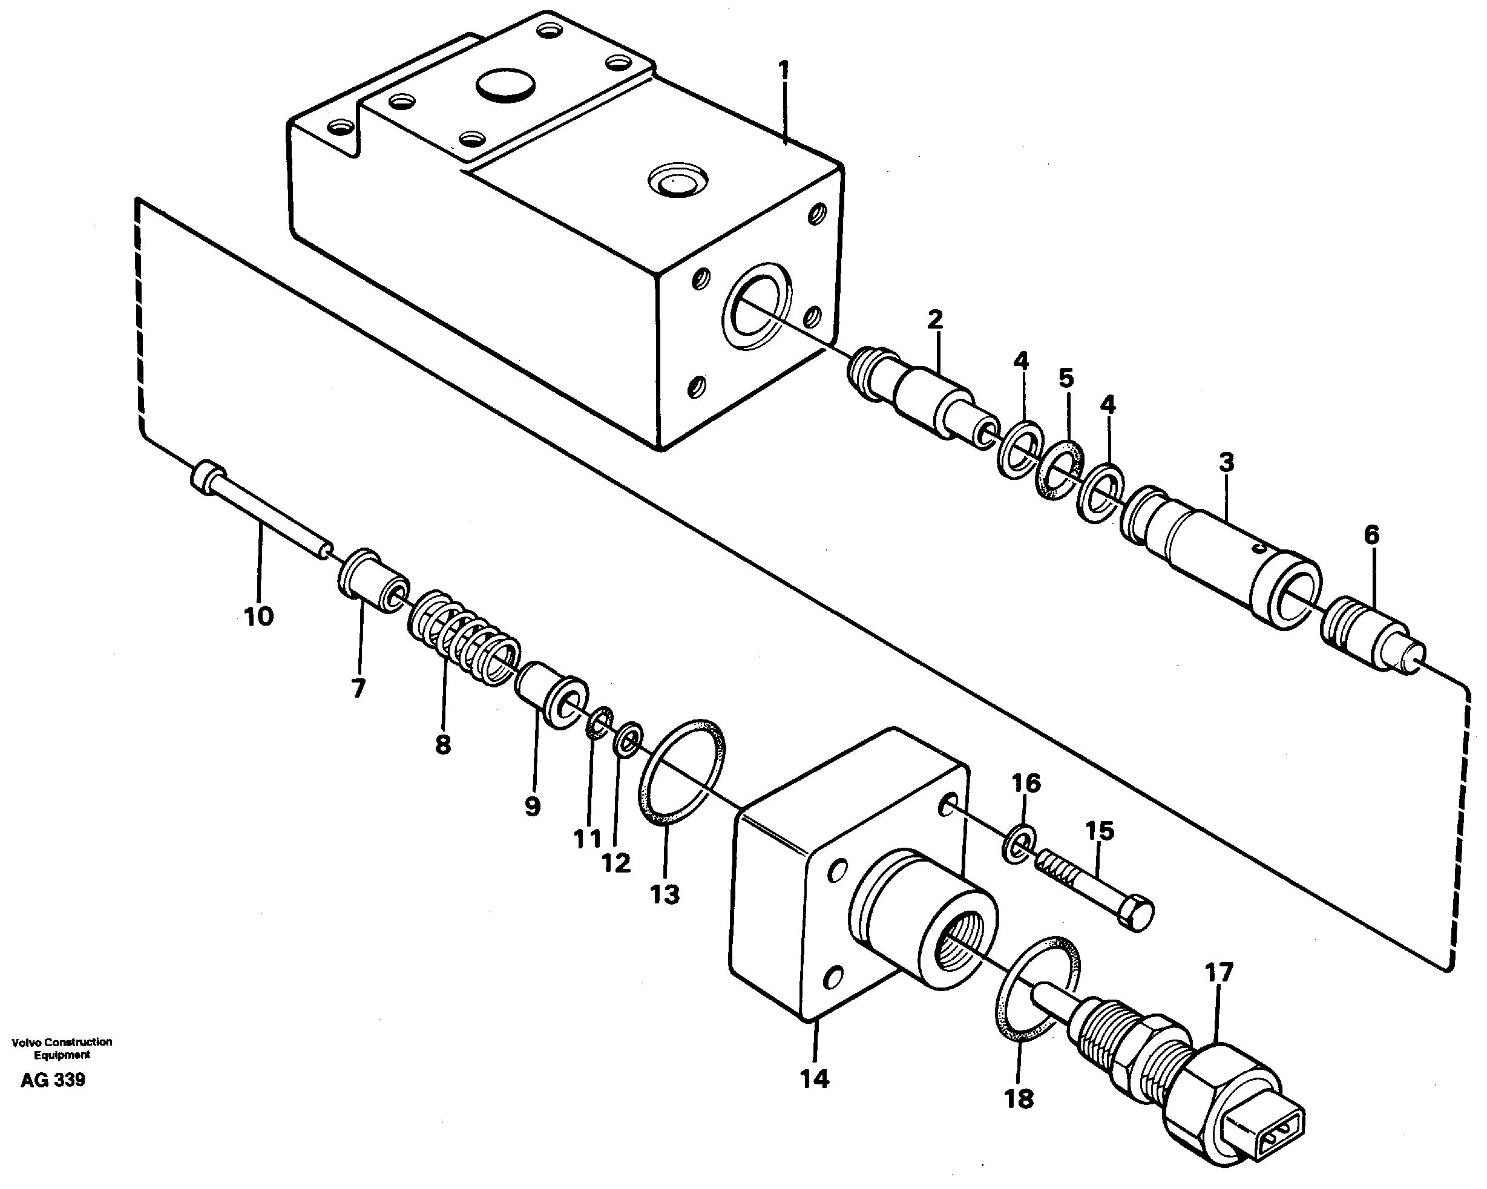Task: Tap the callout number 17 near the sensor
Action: click(1218, 973)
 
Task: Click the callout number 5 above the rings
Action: click(1066, 378)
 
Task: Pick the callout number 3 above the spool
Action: click(1225, 462)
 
